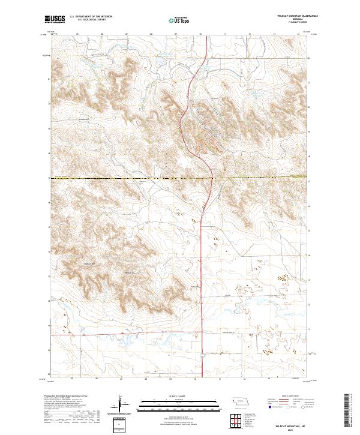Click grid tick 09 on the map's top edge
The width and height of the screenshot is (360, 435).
174,34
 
